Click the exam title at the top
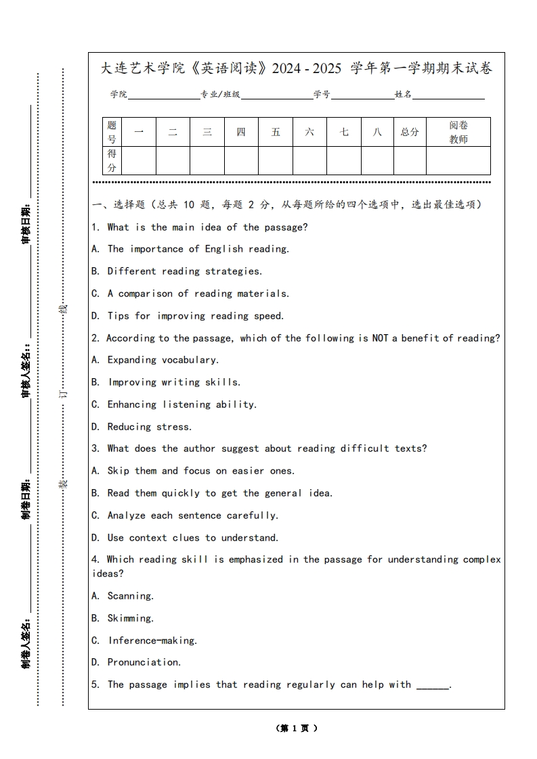(296, 68)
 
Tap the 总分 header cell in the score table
(410, 132)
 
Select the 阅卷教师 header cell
(458, 132)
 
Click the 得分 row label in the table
(112, 160)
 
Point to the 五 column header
(276, 132)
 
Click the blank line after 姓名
(448, 96)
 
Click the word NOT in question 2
(380, 338)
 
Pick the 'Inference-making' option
(145, 641)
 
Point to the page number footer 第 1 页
(297, 729)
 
